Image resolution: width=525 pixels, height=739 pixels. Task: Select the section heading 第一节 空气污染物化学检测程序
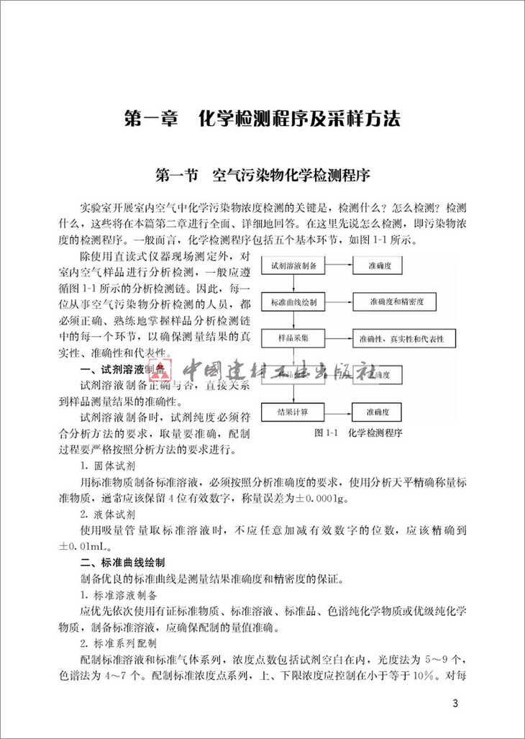click(262, 176)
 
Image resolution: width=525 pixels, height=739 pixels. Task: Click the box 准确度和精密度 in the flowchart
click(391, 302)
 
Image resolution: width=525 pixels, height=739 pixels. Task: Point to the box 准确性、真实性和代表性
click(396, 337)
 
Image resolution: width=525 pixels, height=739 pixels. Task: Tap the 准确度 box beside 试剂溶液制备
click(378, 265)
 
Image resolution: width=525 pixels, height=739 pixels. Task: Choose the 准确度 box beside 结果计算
click(378, 412)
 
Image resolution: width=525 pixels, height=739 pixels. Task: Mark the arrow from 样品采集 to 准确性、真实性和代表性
click(339, 337)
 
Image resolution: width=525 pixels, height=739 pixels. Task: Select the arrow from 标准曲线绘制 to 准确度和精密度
click(339, 302)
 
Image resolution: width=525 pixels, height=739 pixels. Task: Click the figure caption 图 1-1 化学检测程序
click(357, 434)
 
